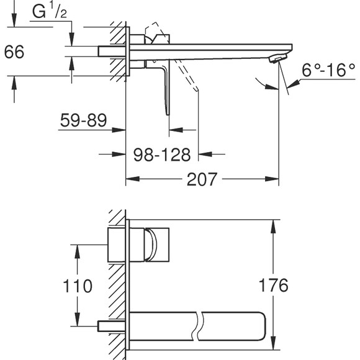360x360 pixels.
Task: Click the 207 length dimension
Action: (204, 179)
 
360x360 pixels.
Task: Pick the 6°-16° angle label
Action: (328, 70)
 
